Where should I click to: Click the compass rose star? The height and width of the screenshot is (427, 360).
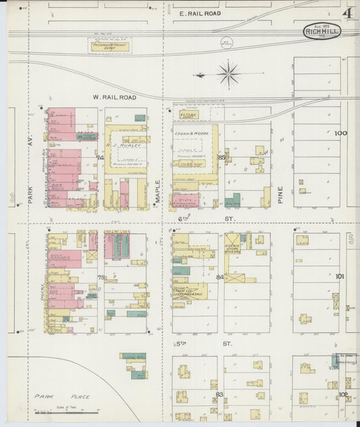click(229, 74)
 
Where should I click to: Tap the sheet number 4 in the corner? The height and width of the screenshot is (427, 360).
click(347, 14)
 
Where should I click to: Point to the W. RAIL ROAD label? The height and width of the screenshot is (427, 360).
click(114, 97)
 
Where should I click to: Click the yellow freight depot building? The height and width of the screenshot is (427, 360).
click(109, 47)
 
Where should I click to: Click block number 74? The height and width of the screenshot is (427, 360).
click(101, 157)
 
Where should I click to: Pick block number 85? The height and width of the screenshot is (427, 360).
click(221, 157)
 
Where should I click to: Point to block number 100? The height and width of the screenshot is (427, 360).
click(340, 133)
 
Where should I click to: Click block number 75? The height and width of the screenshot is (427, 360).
click(101, 278)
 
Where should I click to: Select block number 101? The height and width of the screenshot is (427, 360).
click(340, 276)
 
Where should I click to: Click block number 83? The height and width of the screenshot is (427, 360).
click(219, 394)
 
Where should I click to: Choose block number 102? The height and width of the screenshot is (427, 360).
click(343, 394)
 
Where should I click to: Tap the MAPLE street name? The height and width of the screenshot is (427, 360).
click(158, 190)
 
